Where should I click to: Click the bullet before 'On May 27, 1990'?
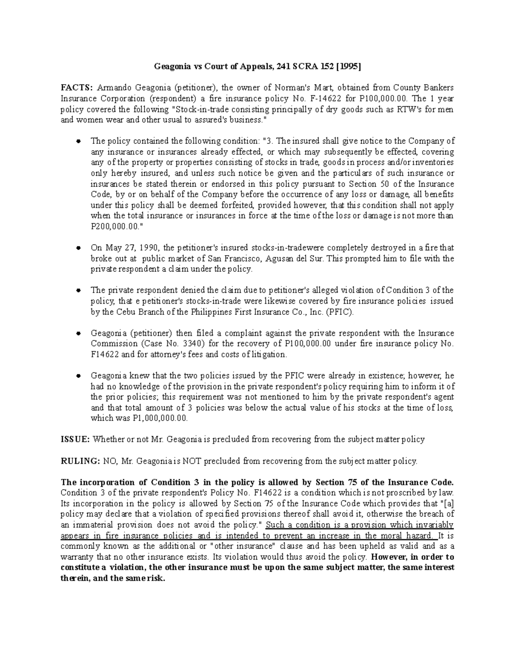coord(79,248)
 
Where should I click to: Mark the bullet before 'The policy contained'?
coord(79,141)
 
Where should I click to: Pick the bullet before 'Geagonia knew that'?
coord(79,376)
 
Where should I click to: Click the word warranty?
coord(78,557)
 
